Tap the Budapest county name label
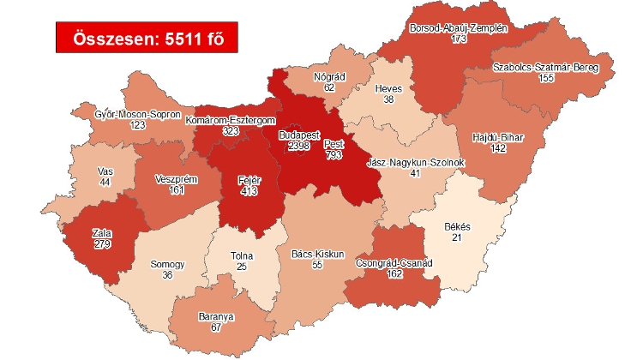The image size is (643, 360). pos(299,135)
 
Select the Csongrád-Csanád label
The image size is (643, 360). pos(394,264)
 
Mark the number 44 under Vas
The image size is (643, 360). pos(105,183)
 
